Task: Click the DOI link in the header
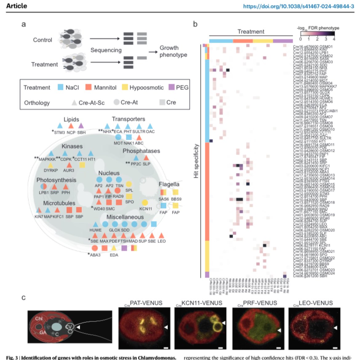coord(298,6)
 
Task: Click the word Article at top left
coord(16,6)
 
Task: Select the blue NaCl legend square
coord(60,87)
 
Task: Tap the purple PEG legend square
coord(171,87)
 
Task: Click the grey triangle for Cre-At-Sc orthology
coord(74,102)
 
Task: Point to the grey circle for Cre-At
coord(116,102)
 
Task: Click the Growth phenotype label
coord(173,51)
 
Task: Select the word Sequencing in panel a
coord(106,50)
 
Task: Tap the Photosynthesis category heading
coord(56,180)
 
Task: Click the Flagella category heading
coord(169,184)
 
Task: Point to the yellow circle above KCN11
coord(145,202)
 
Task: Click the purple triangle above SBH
coord(81,126)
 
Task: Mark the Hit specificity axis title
coord(196,161)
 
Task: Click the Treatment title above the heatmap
coord(251,31)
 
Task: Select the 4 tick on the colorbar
coord(334,39)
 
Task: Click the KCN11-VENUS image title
coord(201,303)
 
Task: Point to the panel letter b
coord(195,24)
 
